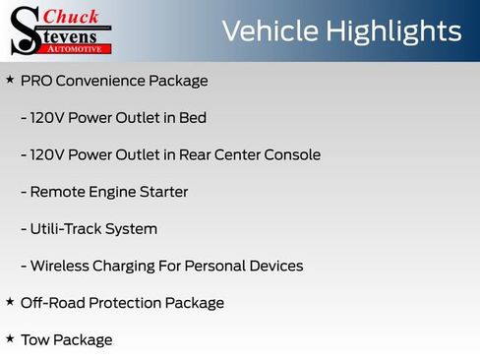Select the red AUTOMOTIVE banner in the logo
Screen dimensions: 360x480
click(86, 47)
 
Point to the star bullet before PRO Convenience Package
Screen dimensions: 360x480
click(10, 80)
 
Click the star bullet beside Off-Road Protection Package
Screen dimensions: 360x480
click(10, 302)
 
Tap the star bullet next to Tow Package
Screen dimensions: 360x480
click(10, 339)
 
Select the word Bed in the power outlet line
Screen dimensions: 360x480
click(193, 118)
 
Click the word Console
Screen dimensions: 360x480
click(291, 154)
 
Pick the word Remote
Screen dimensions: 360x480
click(57, 192)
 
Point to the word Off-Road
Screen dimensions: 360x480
click(51, 303)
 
